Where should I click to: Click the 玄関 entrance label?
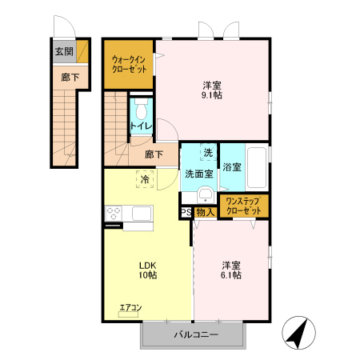[63, 51]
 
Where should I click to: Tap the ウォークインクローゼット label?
[128, 63]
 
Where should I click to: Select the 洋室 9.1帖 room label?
[211, 89]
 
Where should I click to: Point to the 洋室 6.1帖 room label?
[232, 270]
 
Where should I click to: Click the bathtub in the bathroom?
[257, 168]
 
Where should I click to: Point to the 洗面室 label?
[198, 173]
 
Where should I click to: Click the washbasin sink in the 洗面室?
[205, 194]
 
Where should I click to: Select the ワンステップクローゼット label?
[244, 206]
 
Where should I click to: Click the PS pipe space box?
[186, 213]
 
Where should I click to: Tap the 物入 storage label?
[205, 213]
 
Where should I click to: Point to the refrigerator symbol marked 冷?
[145, 180]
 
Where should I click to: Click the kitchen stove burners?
[113, 214]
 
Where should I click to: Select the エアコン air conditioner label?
[130, 307]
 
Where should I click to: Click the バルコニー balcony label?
[195, 335]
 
